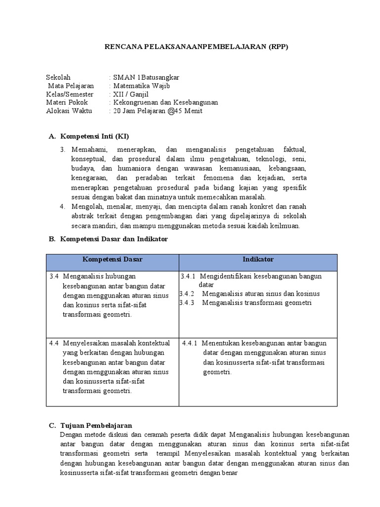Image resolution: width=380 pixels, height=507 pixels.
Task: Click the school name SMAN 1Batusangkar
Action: coord(146,77)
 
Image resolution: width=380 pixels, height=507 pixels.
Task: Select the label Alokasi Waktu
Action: coord(69,111)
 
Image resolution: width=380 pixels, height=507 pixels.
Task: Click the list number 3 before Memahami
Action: coord(63,149)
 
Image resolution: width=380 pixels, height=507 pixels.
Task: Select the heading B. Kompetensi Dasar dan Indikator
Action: coord(107,239)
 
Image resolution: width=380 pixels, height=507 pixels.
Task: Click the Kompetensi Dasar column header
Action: coord(112,259)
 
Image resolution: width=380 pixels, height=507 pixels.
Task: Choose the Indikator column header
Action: coord(258,259)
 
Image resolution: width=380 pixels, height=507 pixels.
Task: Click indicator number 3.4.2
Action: coord(187,294)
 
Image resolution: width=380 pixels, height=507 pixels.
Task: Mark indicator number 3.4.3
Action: coord(187,303)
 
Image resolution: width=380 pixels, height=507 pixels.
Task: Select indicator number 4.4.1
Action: coord(190,343)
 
